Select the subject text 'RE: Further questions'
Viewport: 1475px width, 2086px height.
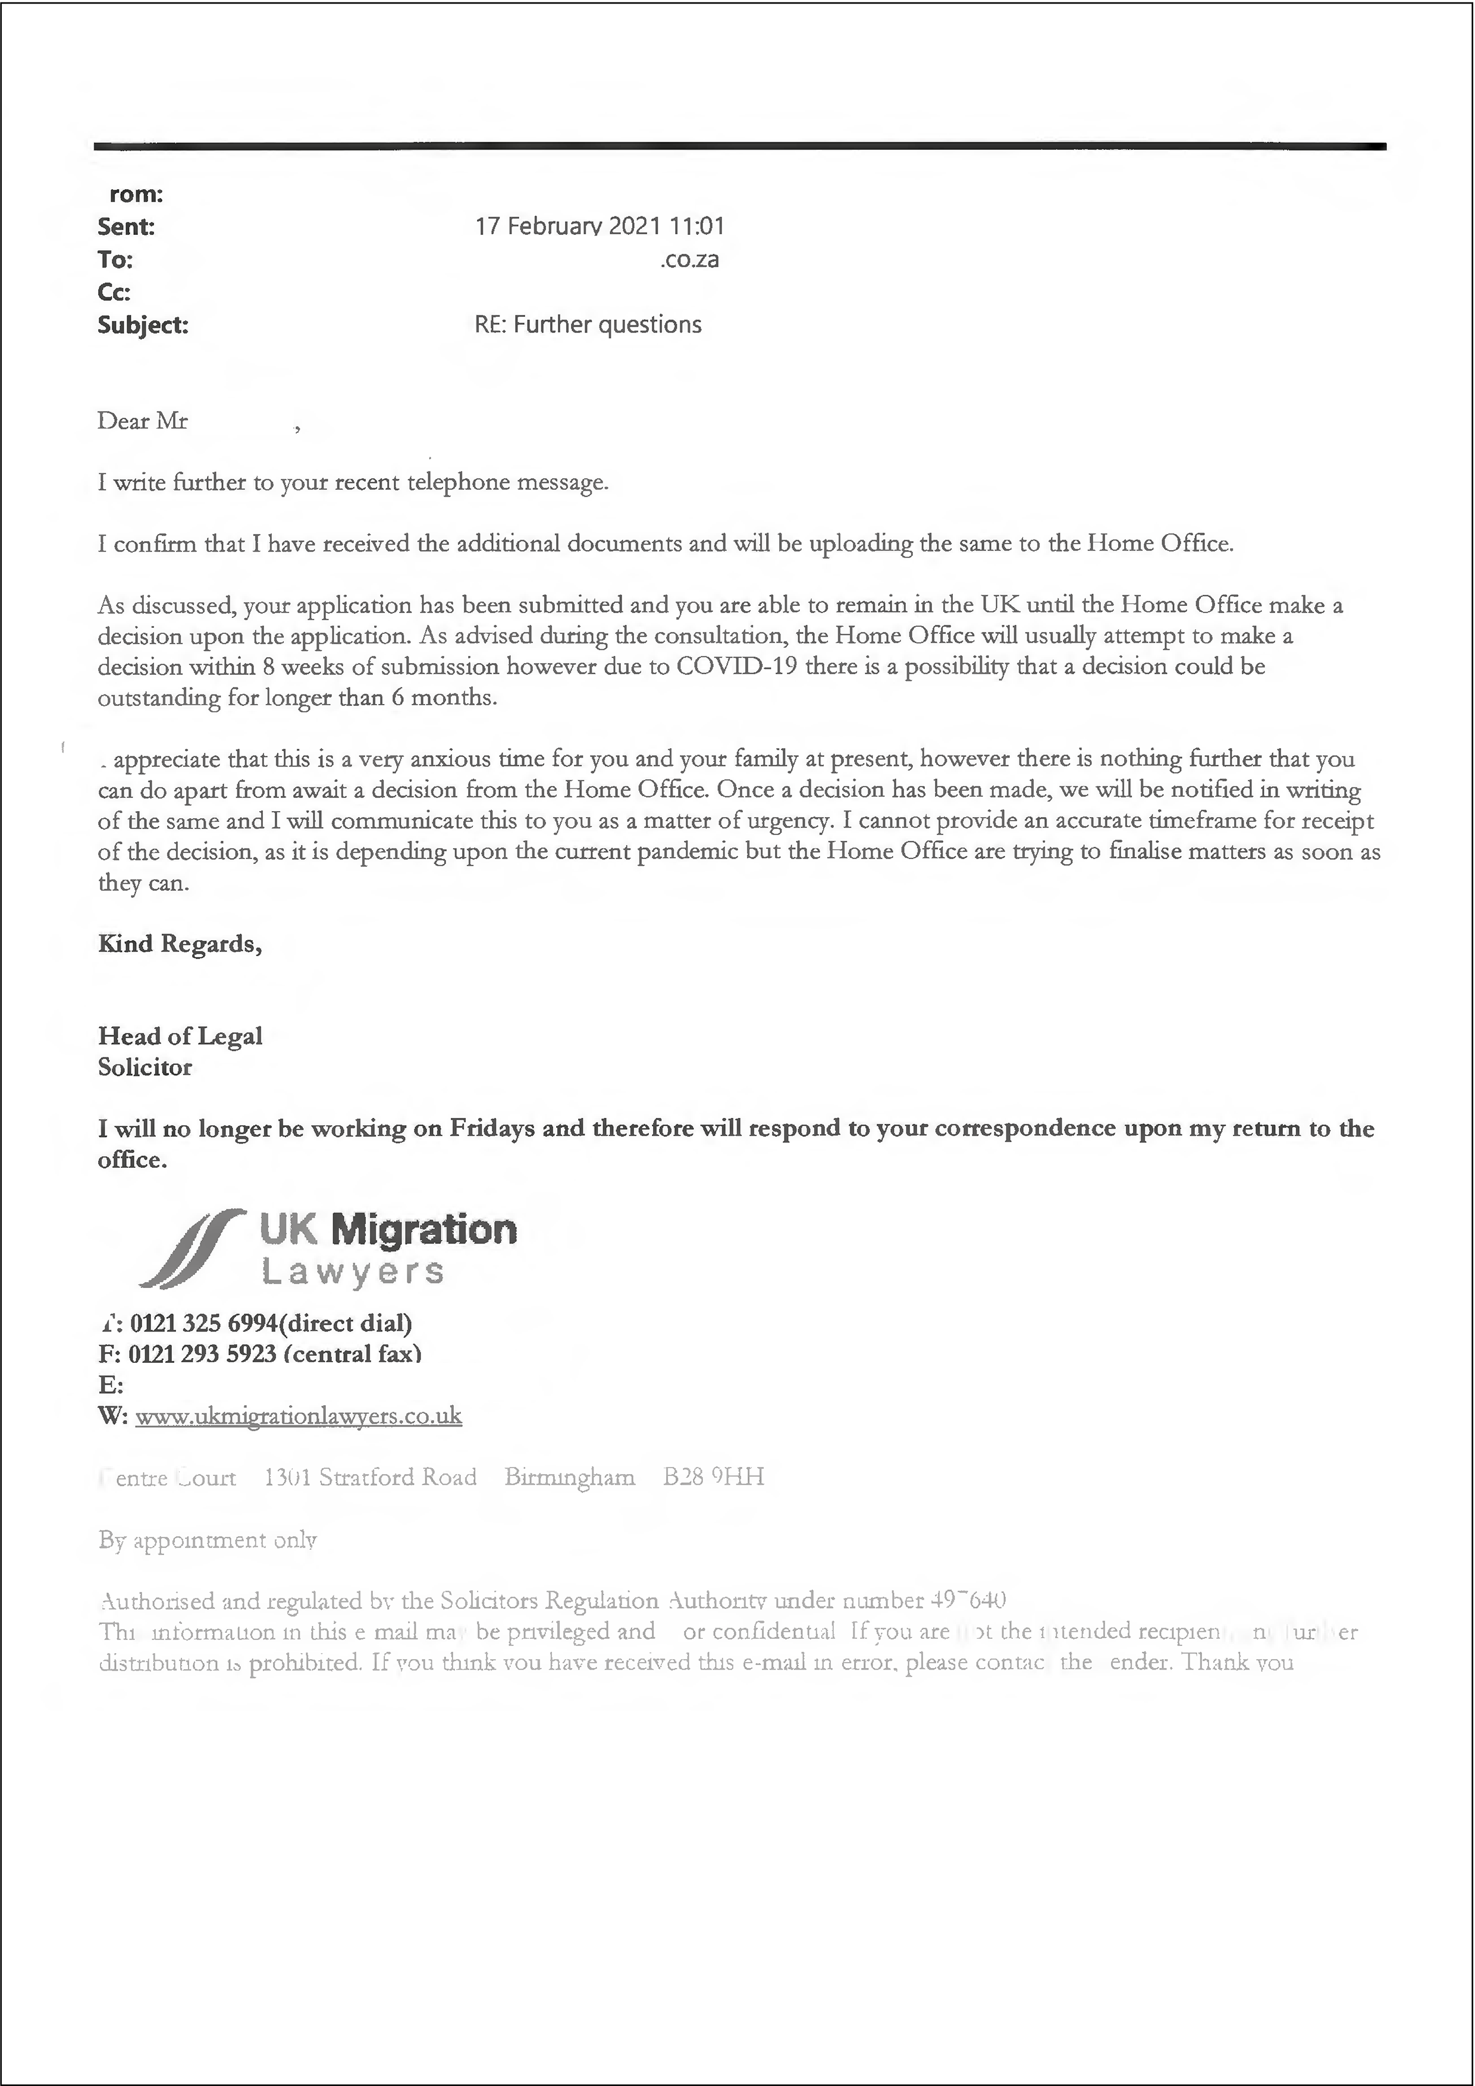pos(588,325)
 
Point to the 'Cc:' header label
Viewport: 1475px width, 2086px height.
pos(115,293)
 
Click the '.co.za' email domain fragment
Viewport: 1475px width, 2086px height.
pos(690,260)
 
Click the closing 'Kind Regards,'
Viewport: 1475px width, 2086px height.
pos(180,944)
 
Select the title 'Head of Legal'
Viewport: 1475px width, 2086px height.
pos(180,1036)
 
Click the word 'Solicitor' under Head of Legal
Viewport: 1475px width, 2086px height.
pos(145,1067)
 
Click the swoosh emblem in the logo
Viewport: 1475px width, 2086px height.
pos(192,1248)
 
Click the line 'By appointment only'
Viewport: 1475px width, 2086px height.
pos(207,1540)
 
